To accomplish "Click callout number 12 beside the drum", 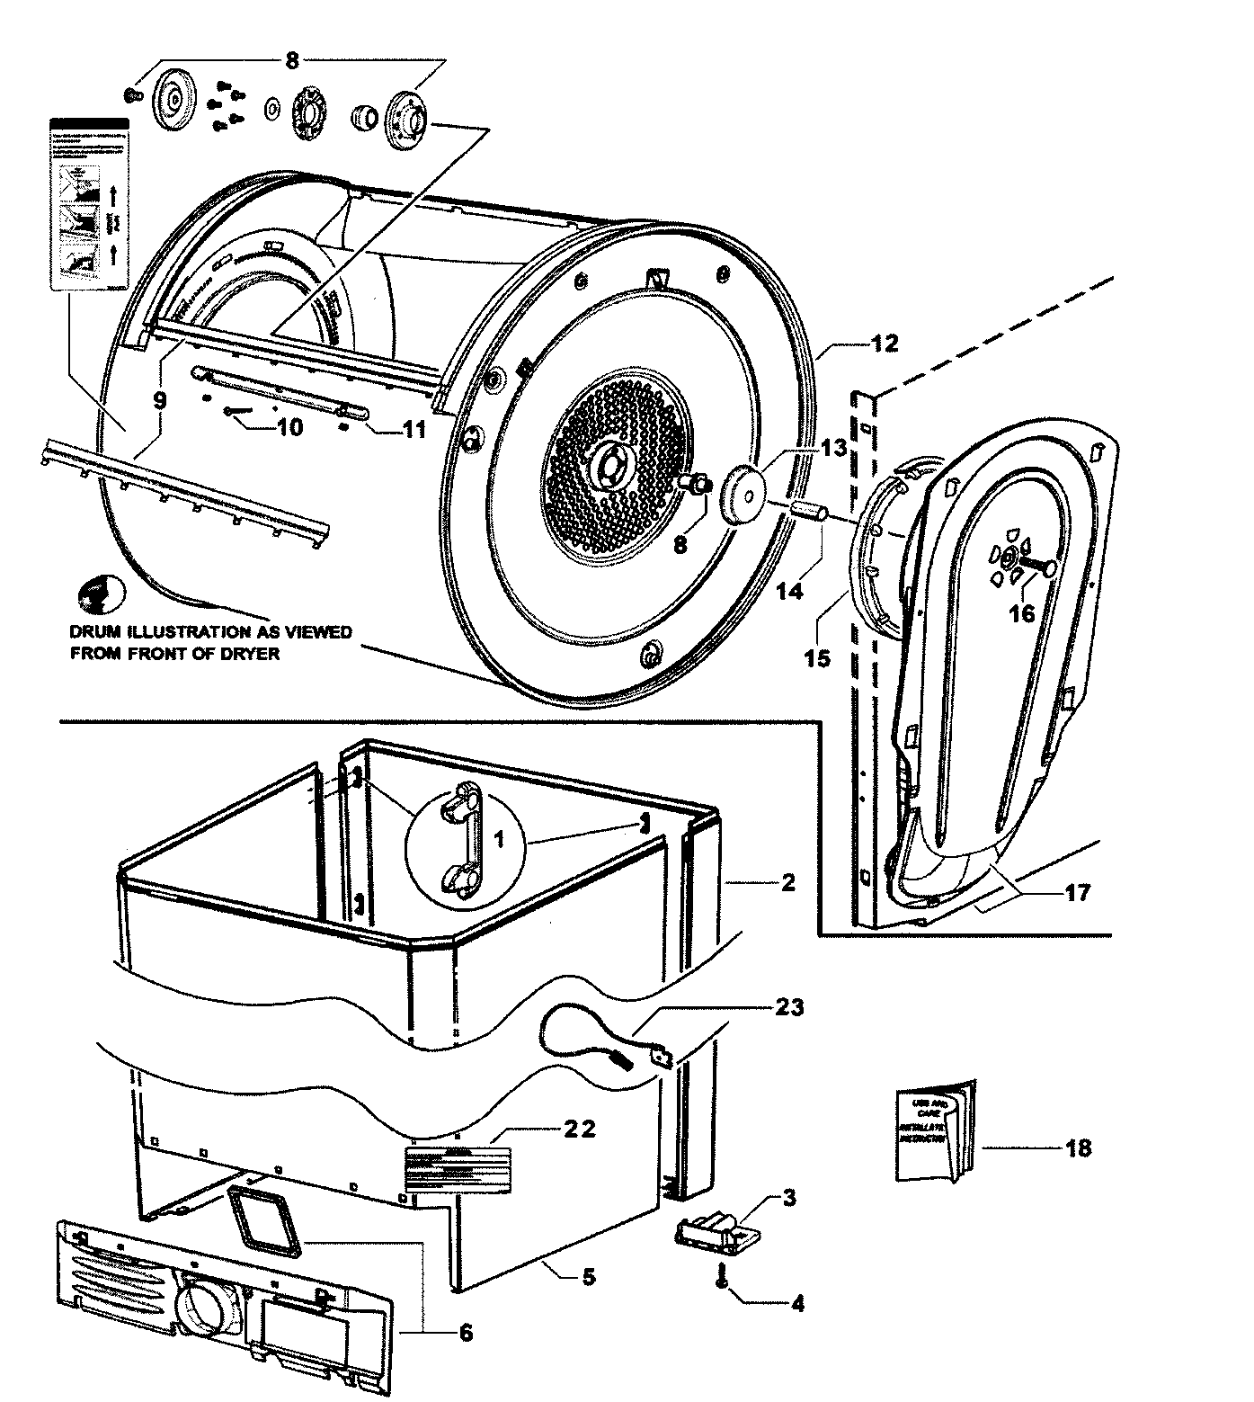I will coord(884,343).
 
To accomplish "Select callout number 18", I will coord(1078,1147).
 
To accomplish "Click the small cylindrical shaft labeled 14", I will coord(810,513).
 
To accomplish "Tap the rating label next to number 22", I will coord(457,1168).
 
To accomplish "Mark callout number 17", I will coord(1077,892).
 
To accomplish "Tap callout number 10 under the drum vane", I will coord(289,427).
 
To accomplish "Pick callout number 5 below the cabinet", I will coord(587,1276).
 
